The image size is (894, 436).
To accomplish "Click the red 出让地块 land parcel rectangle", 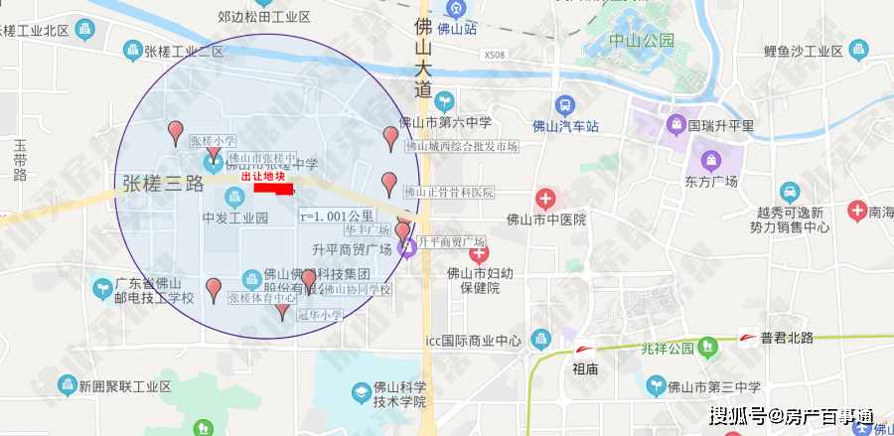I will pos(272,187).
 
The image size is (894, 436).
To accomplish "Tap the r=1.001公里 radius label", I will pos(337,216).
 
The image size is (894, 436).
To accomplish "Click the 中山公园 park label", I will pos(642,41).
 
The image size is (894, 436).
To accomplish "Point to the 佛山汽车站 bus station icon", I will pos(565,104).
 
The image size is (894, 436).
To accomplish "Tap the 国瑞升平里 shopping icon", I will pos(674,125).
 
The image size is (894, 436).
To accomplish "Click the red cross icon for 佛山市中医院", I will pos(544,199).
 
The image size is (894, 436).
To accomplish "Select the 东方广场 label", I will pos(709,182).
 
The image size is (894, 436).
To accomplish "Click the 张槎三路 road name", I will pos(163,184).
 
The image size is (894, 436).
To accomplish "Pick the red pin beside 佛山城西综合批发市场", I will pos(390,139).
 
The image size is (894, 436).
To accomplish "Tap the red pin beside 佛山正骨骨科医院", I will pos(389,184).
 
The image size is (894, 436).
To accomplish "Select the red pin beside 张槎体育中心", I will pos(214,289).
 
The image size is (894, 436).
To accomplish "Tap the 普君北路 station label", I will pos(787,338).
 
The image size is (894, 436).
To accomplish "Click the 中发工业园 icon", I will pos(235,197).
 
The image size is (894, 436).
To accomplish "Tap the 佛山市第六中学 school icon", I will pos(443,100).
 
